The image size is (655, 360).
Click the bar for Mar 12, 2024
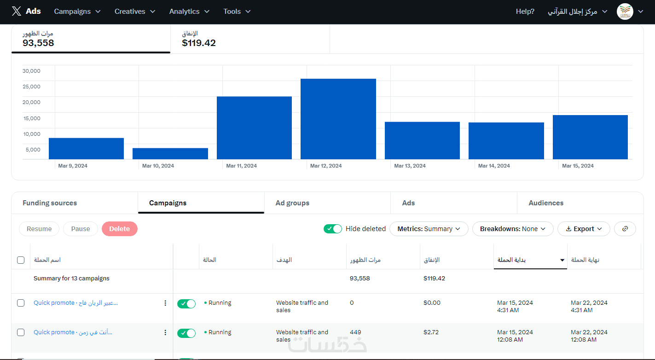[x=338, y=119]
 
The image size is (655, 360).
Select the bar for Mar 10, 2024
[x=170, y=154]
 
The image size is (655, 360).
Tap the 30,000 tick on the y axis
[x=31, y=71]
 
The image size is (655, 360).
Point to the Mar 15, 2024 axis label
[x=578, y=166]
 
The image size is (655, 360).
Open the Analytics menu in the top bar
[x=189, y=12]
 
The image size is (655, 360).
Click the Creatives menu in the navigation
[x=135, y=12]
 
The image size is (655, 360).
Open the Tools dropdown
[x=237, y=12]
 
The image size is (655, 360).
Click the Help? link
[x=525, y=12]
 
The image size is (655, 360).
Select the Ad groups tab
[x=292, y=203]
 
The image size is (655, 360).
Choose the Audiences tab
[x=546, y=203]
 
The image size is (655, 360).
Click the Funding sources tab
[x=50, y=203]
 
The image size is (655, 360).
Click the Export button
[x=584, y=229]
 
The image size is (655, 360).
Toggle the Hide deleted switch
[x=333, y=229]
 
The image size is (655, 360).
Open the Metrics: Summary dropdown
[x=429, y=229]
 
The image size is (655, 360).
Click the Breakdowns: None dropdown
[x=513, y=229]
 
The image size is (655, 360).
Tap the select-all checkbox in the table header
[x=21, y=260]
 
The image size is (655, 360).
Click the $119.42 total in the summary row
[x=434, y=279]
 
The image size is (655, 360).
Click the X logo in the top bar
[x=17, y=12]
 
